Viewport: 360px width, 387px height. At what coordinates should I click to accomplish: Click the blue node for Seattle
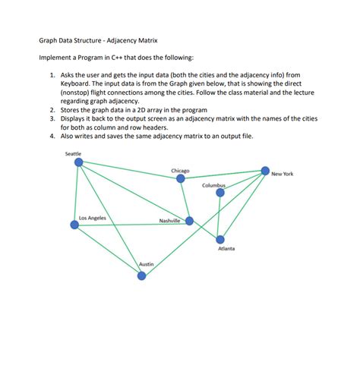77,162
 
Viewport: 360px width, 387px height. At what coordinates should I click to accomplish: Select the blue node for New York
265,171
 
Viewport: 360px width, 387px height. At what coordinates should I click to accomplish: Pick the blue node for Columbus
220,193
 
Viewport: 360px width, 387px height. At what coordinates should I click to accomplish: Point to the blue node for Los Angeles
74,225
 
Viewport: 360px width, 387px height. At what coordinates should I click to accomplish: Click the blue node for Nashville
190,221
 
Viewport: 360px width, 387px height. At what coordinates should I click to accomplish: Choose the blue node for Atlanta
220,240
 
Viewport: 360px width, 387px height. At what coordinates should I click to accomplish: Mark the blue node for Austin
141,275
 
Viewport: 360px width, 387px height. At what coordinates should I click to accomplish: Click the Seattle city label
74,154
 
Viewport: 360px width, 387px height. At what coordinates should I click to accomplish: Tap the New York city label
282,174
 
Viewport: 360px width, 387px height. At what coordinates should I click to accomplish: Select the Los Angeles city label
93,218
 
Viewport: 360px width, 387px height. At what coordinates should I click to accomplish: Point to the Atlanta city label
226,249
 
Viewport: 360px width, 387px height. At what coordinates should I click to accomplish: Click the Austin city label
147,263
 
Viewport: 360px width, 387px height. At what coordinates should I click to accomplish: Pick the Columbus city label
214,185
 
